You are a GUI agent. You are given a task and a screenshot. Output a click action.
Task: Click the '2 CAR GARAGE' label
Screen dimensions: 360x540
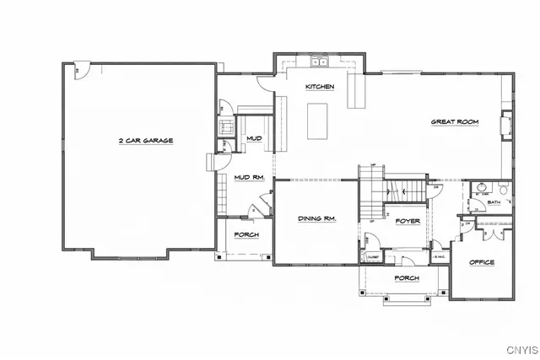coord(145,141)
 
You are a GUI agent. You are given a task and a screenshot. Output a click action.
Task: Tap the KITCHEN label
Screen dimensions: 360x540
coord(320,87)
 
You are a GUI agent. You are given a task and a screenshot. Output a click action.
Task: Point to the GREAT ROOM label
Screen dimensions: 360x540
coord(455,122)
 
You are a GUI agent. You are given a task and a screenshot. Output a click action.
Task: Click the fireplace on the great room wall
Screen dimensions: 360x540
coord(506,125)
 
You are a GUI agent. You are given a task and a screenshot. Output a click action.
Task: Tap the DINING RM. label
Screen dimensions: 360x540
coord(317,218)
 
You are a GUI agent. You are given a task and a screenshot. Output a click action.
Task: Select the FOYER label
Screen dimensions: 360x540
coord(408,221)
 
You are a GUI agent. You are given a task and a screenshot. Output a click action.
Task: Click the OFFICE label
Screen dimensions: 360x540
coord(481,262)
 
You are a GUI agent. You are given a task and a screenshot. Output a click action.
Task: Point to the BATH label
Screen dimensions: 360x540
coord(494,202)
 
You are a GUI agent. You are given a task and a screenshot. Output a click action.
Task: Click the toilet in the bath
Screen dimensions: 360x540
coord(504,189)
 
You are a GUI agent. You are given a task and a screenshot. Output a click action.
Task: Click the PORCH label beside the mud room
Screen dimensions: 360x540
coord(246,234)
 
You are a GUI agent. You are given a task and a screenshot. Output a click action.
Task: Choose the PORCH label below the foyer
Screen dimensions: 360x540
coord(407,277)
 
